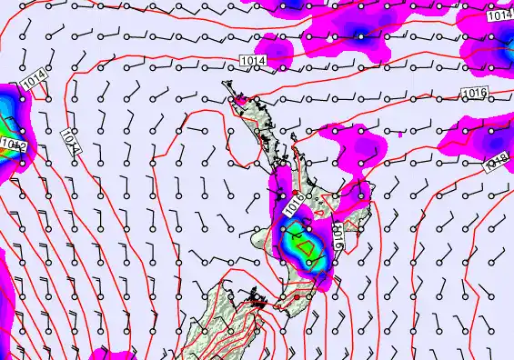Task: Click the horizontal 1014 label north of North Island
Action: pos(254,59)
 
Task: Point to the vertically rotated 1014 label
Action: pos(72,140)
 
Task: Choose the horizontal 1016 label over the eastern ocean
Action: pos(475,93)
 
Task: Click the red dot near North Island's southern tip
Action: pos(297,295)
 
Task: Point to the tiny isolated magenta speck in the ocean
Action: pos(399,135)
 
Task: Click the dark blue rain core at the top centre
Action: pos(360,37)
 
